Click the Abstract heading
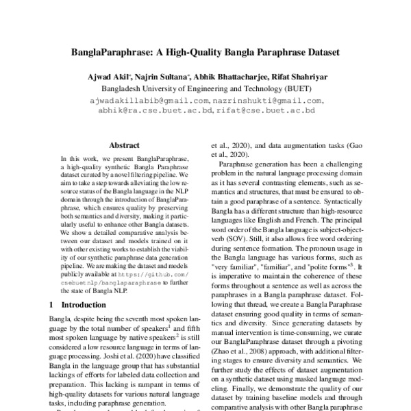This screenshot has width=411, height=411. click(124, 145)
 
